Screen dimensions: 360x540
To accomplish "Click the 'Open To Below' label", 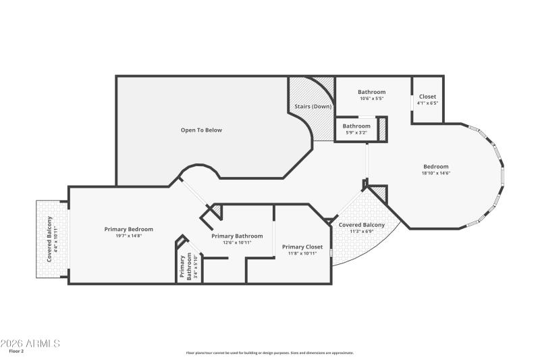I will pyautogui.click(x=201, y=130).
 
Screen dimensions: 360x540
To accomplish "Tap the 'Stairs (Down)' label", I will pyautogui.click(x=311, y=107).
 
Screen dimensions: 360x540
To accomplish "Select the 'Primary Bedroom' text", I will pyautogui.click(x=128, y=229).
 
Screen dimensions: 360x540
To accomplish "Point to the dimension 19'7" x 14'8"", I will pyautogui.click(x=128, y=236).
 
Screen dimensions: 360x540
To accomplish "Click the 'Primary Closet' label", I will pyautogui.click(x=302, y=247).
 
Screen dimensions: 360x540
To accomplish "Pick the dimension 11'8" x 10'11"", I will pyautogui.click(x=302, y=254).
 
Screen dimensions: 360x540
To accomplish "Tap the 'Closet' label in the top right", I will pyautogui.click(x=427, y=97).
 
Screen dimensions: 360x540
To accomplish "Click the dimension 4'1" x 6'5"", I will pyautogui.click(x=427, y=103).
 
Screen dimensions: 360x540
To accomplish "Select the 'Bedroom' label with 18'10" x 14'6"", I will pyautogui.click(x=435, y=167).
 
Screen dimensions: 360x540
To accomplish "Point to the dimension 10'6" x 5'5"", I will pyautogui.click(x=371, y=99).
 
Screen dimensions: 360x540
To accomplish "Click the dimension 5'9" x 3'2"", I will pyautogui.click(x=356, y=132).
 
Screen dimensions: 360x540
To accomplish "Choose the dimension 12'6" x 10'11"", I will pyautogui.click(x=232, y=242).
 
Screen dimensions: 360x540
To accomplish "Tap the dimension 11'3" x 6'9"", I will pyautogui.click(x=361, y=232).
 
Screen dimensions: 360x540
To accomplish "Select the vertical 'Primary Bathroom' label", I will pyautogui.click(x=182, y=267).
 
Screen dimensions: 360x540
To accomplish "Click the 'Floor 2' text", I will pyautogui.click(x=16, y=352).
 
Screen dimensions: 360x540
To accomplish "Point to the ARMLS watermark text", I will pyautogui.click(x=30, y=343).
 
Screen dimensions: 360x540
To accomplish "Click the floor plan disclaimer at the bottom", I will pyautogui.click(x=269, y=353).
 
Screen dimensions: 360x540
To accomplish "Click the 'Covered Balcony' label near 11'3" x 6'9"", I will pyautogui.click(x=361, y=225).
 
